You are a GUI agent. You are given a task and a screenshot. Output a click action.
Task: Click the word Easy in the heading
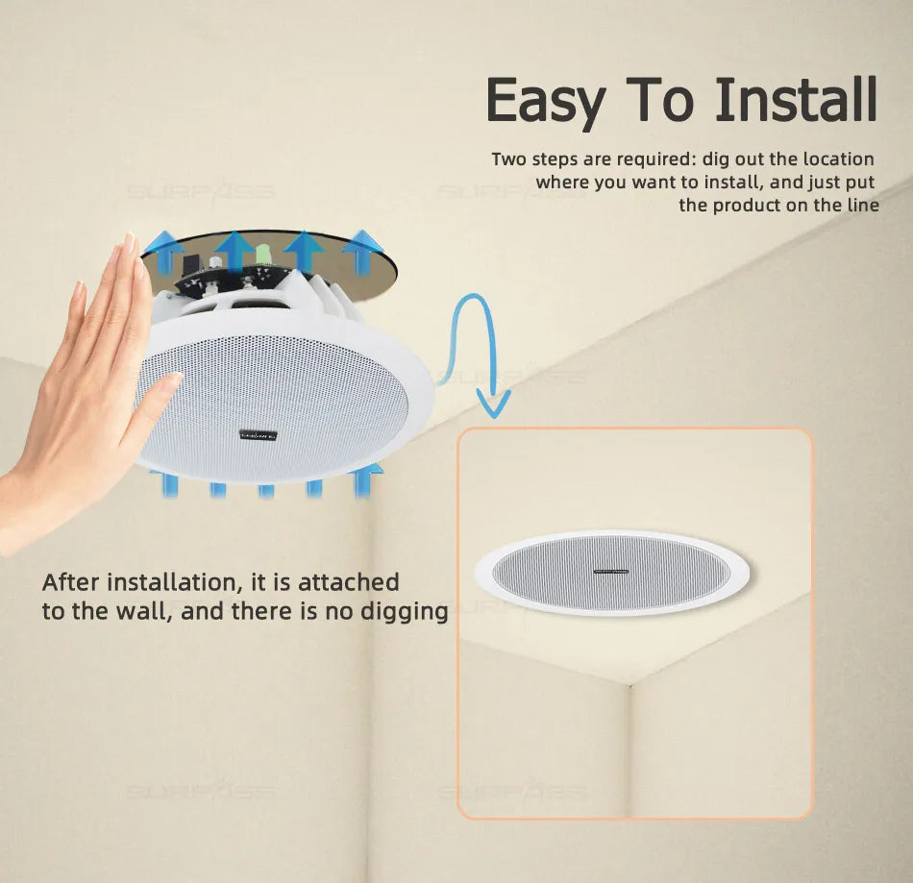point(546,100)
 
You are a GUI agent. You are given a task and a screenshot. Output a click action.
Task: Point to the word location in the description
point(838,159)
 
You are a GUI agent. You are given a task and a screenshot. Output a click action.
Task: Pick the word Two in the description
point(508,159)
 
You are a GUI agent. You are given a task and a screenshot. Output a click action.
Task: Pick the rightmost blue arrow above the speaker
point(362,253)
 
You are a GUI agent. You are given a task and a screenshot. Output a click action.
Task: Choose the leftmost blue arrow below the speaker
point(169,483)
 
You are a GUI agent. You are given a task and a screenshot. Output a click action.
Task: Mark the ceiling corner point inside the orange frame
point(629,684)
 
